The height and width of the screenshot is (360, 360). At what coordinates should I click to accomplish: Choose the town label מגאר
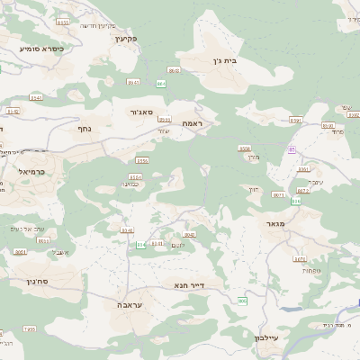[x=275, y=222]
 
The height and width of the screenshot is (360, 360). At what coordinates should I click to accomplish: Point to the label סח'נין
[x=25, y=282]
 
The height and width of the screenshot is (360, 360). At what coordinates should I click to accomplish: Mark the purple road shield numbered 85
[x=291, y=149]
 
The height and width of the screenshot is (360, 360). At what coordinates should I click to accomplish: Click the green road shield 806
[x=241, y=301]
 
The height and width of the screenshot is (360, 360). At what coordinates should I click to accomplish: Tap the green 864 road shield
[x=161, y=83]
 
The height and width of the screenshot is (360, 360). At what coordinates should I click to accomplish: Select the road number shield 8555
[x=142, y=160]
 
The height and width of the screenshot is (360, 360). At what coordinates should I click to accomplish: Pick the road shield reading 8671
[x=278, y=194]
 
